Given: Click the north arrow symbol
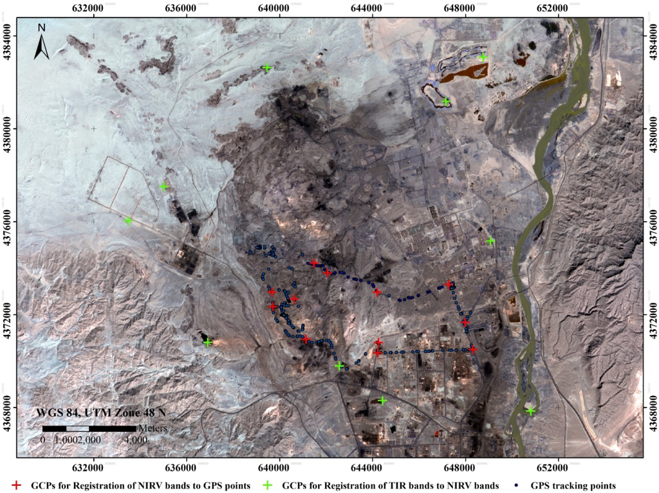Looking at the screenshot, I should pos(42,42).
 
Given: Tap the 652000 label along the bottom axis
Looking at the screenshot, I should pos(557,467).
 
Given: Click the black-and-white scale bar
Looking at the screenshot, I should pos(89,428).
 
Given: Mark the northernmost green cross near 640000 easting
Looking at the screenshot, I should pos(266,67).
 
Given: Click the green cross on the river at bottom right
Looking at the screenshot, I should pos(530,411).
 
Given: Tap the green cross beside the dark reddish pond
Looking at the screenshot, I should pos(446,102).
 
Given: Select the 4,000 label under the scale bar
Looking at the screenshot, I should pos(135,440).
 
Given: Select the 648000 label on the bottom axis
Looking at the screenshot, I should pos(465,467).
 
